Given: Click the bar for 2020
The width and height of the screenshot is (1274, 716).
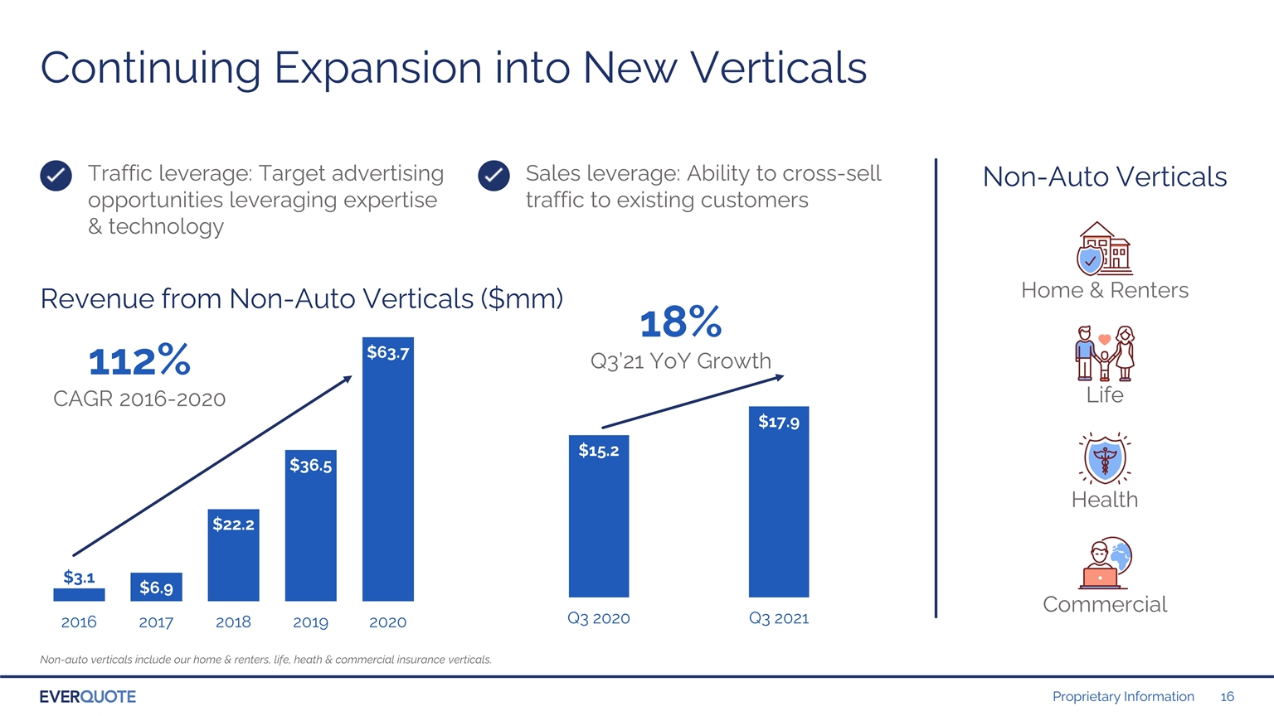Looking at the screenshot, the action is coord(388,469).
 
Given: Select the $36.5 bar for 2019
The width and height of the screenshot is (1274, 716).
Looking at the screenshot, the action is coord(310,525).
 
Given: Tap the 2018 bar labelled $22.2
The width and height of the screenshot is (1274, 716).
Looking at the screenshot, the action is coord(233,555).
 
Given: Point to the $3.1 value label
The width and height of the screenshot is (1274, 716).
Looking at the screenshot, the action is coord(79,578).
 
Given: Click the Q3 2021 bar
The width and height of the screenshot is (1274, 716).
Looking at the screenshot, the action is coord(779,501).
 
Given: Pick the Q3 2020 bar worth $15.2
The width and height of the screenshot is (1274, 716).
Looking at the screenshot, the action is coord(599,516).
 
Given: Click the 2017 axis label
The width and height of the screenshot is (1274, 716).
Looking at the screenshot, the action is coord(156,622).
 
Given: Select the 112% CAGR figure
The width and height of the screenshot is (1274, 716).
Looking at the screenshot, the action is coord(139,360).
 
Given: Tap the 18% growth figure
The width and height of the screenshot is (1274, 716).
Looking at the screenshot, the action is coord(681,322).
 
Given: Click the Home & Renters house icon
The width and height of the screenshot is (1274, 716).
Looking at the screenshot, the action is coord(1104,249).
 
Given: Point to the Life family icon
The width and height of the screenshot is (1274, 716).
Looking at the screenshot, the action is coord(1105,354).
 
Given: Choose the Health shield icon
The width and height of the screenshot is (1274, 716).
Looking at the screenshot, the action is coord(1105,458).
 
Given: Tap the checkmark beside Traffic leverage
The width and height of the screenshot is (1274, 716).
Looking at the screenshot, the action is coord(56,176).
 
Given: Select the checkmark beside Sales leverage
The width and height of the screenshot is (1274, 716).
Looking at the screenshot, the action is coord(494,176).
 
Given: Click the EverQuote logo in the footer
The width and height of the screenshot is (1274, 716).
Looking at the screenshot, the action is coord(88,697).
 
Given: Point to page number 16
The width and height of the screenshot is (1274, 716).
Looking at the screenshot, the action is coord(1227,697).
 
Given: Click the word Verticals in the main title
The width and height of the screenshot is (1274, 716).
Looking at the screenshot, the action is coord(778,68).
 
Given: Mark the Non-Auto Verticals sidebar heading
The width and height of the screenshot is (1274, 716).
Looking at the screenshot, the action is coord(1105,177).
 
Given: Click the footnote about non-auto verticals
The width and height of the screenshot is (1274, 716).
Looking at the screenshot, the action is coord(265,660).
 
